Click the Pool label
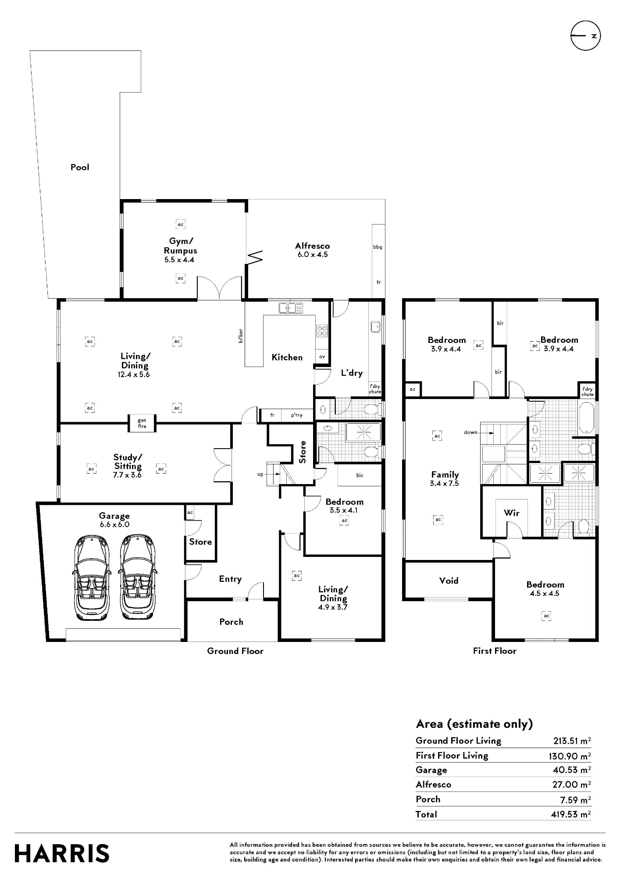(x=80, y=167)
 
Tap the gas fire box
(x=142, y=423)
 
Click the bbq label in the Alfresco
(x=378, y=247)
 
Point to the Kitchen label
(x=287, y=357)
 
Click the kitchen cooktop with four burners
(x=322, y=331)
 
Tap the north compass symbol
(x=585, y=36)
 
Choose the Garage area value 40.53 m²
(x=572, y=770)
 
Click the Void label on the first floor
(x=449, y=581)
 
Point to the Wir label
(x=512, y=513)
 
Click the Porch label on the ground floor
(x=231, y=622)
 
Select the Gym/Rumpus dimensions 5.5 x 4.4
(x=179, y=260)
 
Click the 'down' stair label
(x=470, y=432)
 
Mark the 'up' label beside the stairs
(x=260, y=474)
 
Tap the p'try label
(x=297, y=415)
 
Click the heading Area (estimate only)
(x=474, y=724)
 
